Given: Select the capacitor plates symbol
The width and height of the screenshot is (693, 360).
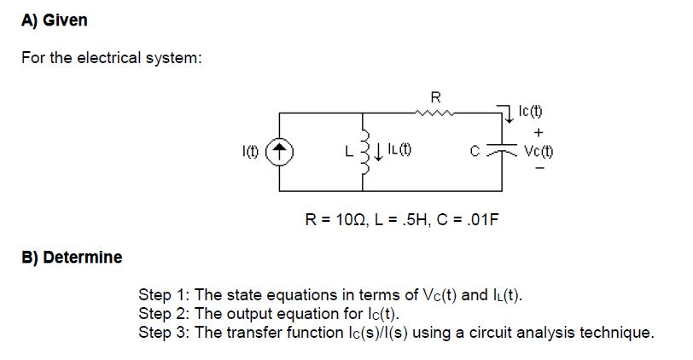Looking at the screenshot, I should (x=504, y=152).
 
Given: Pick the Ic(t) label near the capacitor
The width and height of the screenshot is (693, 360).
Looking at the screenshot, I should (x=531, y=112).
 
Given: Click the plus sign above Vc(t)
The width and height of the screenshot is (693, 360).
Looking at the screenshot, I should (x=538, y=132).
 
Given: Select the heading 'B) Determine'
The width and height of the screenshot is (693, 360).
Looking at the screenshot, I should (x=72, y=257).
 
